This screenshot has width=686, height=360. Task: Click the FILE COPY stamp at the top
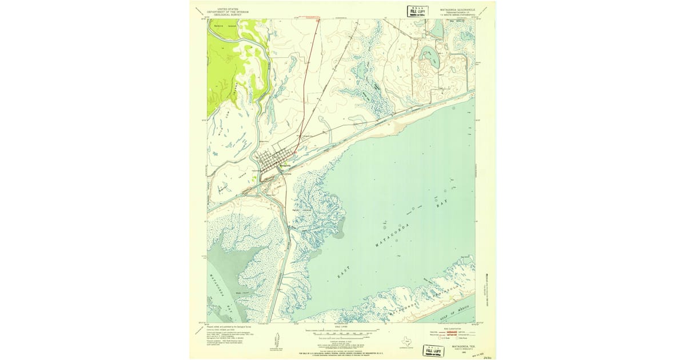(x=417, y=11)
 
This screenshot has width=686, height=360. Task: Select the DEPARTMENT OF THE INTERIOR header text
(x=227, y=11)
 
